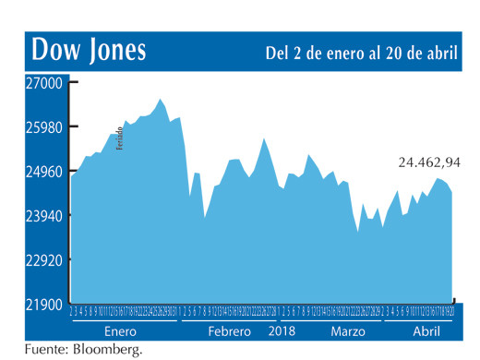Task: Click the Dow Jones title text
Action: (89, 50)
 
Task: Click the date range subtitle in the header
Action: (361, 53)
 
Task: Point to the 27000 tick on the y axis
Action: (42, 82)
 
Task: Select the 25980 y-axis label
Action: (42, 126)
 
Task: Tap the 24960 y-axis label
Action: (42, 171)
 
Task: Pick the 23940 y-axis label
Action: (42, 215)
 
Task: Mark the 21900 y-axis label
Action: (42, 305)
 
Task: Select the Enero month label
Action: (121, 330)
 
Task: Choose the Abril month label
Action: (425, 330)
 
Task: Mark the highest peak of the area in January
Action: (160, 99)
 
